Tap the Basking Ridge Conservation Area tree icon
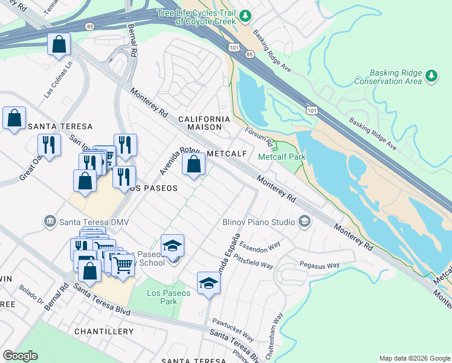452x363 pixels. point(431,76)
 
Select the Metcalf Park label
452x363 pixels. point(282,157)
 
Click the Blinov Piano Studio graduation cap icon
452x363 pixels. point(303,222)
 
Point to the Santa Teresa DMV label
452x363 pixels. point(94,222)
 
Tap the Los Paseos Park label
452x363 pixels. point(169,298)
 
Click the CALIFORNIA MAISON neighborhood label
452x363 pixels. point(204,123)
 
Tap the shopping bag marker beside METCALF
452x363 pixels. point(193,165)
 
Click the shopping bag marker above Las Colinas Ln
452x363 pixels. point(59,44)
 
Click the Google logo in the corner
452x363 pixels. point(20,355)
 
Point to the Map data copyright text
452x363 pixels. point(414,358)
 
